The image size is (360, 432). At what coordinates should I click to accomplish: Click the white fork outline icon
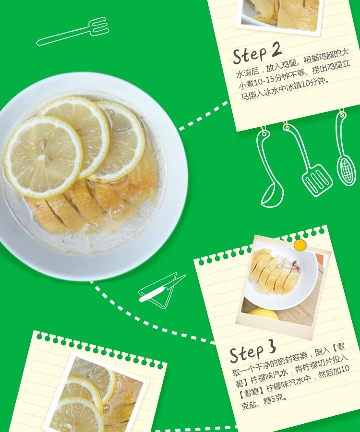coord(73,32)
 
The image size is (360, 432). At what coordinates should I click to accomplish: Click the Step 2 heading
coord(257,53)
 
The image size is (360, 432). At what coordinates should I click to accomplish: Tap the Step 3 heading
coord(252,353)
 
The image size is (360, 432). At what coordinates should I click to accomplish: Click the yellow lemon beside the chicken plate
coord(264,314)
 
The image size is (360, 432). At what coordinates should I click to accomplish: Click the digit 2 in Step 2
coord(276,49)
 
